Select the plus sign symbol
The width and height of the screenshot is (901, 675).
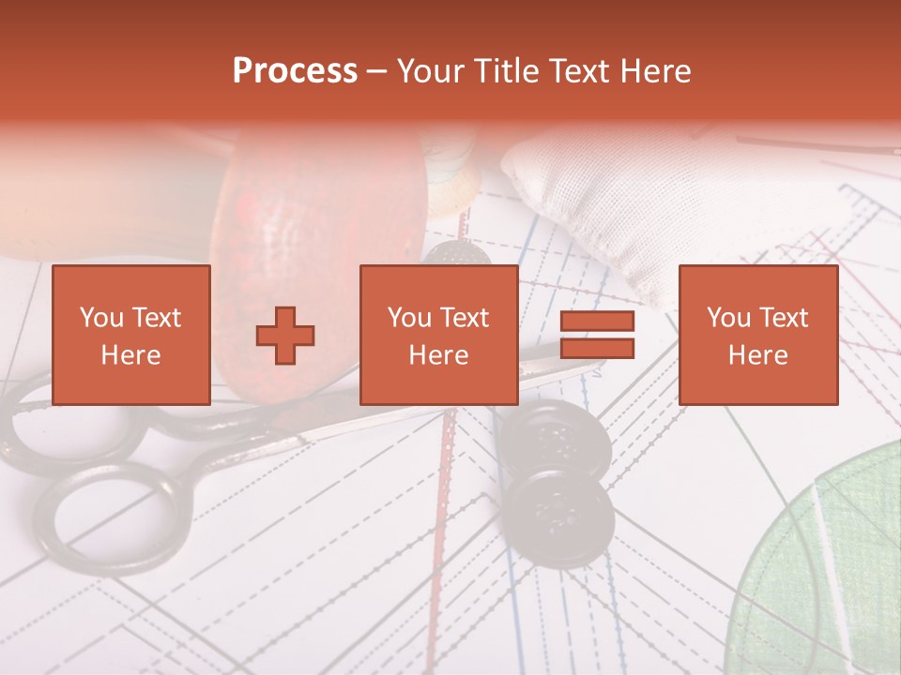tap(285, 336)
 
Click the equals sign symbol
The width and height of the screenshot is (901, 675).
tap(597, 336)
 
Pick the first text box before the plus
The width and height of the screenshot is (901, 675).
tap(131, 336)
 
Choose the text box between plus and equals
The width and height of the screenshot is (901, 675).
tap(438, 336)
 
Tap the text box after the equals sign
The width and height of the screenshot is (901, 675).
tap(757, 336)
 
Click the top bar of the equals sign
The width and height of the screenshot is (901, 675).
tap(597, 322)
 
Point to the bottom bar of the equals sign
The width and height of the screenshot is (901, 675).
tap(597, 349)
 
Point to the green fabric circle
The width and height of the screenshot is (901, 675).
tap(826, 572)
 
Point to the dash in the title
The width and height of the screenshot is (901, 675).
tap(377, 72)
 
